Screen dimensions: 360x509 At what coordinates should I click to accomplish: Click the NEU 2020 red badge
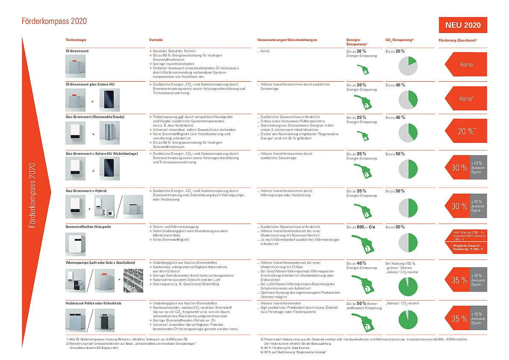pos(463,25)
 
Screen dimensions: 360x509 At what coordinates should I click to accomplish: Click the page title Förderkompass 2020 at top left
pos(54,21)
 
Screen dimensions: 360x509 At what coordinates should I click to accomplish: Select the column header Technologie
pos(76,40)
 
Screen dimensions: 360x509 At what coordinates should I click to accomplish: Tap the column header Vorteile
pos(156,40)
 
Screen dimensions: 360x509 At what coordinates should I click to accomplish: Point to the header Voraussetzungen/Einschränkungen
pos(287,40)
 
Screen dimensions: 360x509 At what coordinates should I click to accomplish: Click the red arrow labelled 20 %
pos(465,131)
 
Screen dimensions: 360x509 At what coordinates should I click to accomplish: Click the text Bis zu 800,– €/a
pos(361,227)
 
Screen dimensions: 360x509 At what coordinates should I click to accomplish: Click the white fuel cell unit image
pos(75,244)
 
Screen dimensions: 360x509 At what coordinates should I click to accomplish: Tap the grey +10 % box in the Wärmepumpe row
pos(478,280)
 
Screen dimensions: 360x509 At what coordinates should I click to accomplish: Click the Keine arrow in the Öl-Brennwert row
pos(465,65)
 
